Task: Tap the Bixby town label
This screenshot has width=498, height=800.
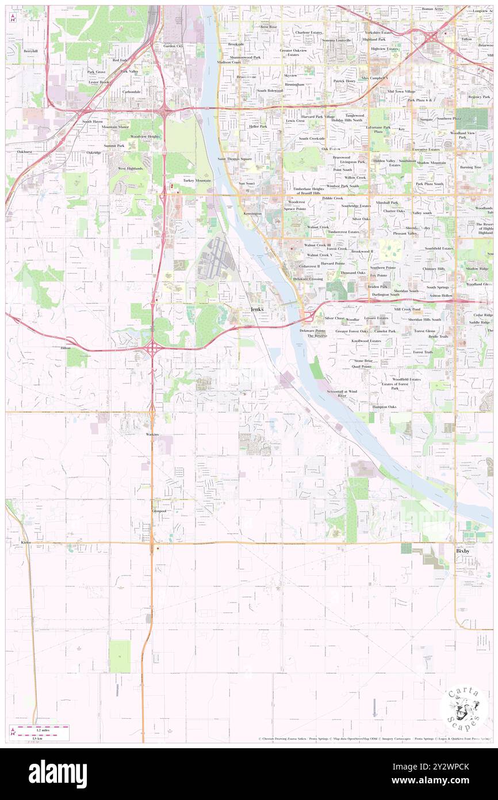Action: pyautogui.click(x=463, y=551)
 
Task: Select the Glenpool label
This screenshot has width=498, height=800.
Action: pyautogui.click(x=159, y=511)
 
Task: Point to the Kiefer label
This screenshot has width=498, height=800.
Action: pyautogui.click(x=25, y=542)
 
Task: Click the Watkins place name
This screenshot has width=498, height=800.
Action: pyautogui.click(x=152, y=433)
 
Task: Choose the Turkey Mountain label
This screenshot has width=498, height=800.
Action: pyautogui.click(x=197, y=180)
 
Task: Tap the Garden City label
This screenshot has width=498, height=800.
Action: pyautogui.click(x=173, y=46)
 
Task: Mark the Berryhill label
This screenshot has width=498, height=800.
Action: pyautogui.click(x=30, y=51)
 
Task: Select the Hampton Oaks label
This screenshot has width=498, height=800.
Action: pyautogui.click(x=384, y=407)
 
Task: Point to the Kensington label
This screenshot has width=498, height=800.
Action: pyautogui.click(x=252, y=213)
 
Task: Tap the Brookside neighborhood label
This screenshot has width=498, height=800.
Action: pyautogui.click(x=236, y=44)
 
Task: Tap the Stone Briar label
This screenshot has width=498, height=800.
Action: pyautogui.click(x=363, y=360)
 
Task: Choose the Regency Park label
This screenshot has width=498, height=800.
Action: pyautogui.click(x=478, y=97)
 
